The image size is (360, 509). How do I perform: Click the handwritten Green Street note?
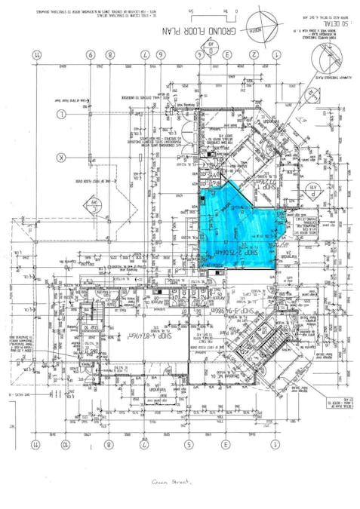pyautogui.click(x=171, y=480)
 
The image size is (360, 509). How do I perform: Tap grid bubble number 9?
pyautogui.click(x=110, y=55)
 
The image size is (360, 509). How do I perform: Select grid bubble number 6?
pyautogui.click(x=91, y=55)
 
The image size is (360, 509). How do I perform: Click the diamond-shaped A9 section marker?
pyautogui.click(x=94, y=202)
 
